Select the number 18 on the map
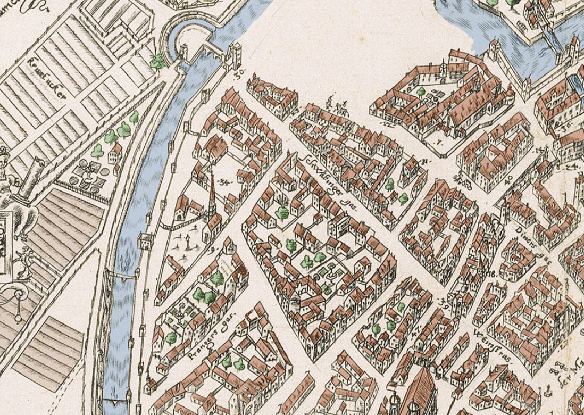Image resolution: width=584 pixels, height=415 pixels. tap(490, 274)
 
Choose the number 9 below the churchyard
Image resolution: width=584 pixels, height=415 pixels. tap(214, 248)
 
